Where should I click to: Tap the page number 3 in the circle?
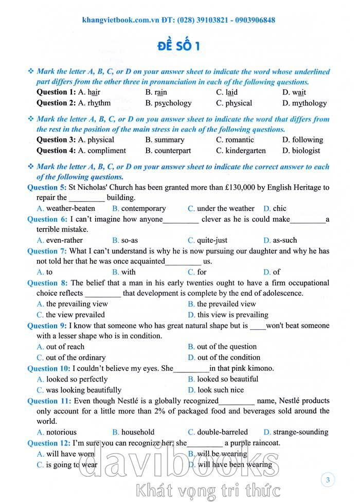328,481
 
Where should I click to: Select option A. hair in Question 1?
89,93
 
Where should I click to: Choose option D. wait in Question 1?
294,93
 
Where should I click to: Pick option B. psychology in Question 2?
168,103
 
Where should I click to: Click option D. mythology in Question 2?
304,103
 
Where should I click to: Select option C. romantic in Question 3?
235,140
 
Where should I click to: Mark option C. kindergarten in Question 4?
241,151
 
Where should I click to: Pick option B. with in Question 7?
124,272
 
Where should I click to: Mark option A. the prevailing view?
73,304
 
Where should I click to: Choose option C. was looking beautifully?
79,390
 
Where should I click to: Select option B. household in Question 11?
133,433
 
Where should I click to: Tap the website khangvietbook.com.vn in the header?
121,20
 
